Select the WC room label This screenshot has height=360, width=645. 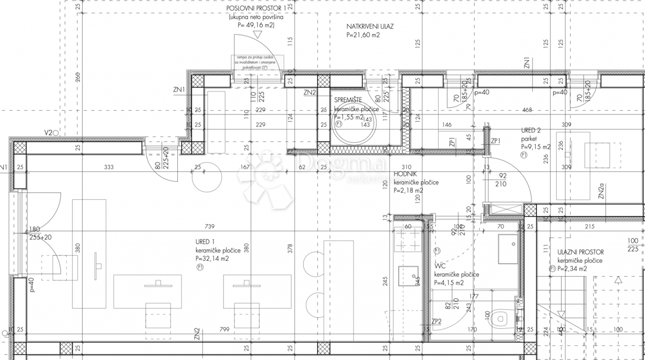pyautogui.click(x=440, y=265)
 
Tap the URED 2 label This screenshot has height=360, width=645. pyautogui.click(x=531, y=131)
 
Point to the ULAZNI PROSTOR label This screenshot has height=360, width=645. pyautogui.click(x=580, y=251)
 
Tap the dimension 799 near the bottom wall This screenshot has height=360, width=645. pyautogui.click(x=224, y=329)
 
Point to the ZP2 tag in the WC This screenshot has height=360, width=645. pyautogui.click(x=436, y=322)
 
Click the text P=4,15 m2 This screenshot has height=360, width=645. pyautogui.click(x=456, y=283)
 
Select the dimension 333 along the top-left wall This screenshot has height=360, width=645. pyautogui.click(x=109, y=168)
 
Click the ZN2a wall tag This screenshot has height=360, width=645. pyautogui.click(x=602, y=191)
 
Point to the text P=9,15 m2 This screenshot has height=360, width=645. pyautogui.click(x=535, y=146)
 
